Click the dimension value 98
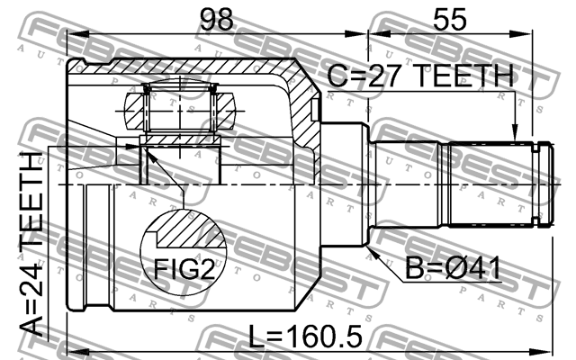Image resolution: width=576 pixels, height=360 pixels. pos(217,19)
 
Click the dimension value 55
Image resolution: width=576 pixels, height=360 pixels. pos(450,19)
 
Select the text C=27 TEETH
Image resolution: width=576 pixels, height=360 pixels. pos(420,76)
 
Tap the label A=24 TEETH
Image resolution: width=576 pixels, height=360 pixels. pos(32,244)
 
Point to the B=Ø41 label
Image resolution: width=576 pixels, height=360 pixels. pos(453,268)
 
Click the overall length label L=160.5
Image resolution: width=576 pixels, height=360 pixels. pos(305,336)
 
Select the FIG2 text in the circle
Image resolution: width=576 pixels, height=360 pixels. pos(184,268)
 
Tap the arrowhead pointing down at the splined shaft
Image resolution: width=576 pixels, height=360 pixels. pos(515,133)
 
